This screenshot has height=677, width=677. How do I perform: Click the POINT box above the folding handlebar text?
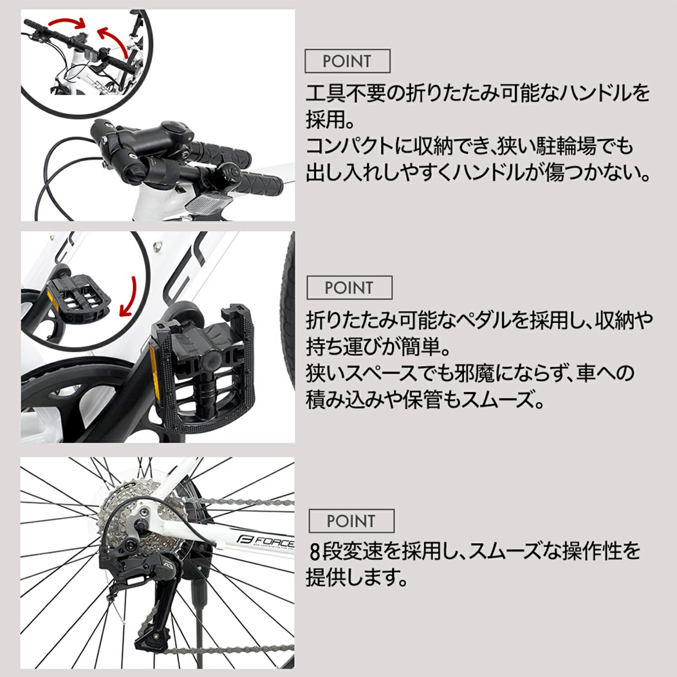coord(348,61)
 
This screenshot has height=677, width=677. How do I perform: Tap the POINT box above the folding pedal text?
coord(349,287)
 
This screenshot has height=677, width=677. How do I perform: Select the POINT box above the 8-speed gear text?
coord(351,521)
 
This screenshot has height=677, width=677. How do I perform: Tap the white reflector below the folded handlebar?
coord(207,203)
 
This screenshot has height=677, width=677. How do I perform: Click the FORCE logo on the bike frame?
coord(265,540)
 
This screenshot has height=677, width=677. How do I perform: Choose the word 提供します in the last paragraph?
coord(357,577)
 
